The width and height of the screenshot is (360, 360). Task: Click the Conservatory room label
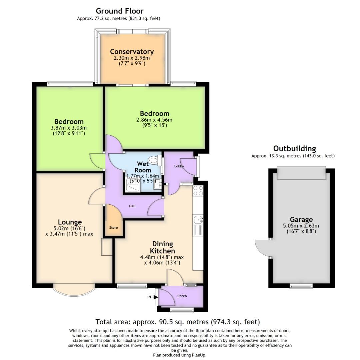[132, 51]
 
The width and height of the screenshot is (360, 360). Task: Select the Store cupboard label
[114, 228]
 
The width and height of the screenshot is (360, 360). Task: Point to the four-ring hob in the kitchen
[198, 191]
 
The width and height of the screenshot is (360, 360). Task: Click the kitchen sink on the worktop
[198, 220]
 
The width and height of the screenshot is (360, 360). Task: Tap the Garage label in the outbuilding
[301, 219]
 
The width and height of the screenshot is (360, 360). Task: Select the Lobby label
[179, 166]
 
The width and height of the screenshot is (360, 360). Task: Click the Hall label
[133, 206]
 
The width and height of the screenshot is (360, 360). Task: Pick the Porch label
[182, 296]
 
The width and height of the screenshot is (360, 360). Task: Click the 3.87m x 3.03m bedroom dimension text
[69, 128]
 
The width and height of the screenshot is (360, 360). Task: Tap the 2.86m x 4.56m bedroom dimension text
[154, 120]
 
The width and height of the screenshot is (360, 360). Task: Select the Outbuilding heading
[294, 148]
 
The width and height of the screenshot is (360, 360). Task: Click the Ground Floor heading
[120, 11]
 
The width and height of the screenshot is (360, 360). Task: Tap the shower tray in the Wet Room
[133, 184]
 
